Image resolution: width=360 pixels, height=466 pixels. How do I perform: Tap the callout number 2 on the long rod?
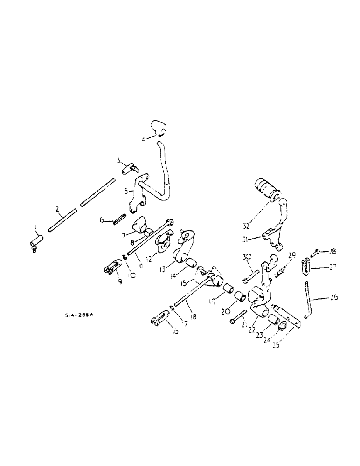click(x=57, y=208)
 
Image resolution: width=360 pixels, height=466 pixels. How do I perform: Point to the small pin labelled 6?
click(x=120, y=219)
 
